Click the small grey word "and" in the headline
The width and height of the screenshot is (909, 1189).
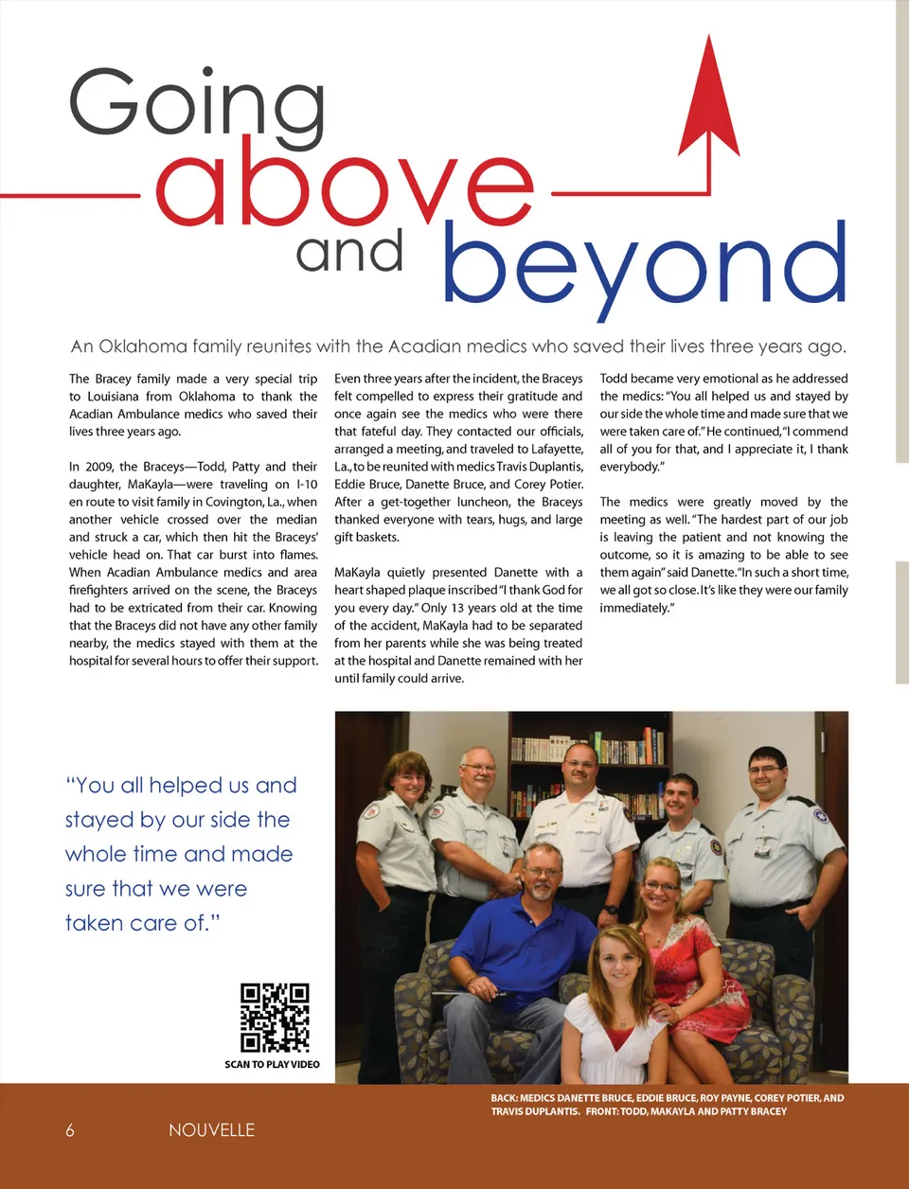[349, 252]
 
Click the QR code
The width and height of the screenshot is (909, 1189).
[275, 1018]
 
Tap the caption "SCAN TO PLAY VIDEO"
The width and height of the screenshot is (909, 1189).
[272, 1065]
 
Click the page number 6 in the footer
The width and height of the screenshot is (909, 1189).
[70, 1130]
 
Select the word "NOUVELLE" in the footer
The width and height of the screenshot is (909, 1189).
[211, 1130]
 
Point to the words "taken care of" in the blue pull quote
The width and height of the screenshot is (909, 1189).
[142, 923]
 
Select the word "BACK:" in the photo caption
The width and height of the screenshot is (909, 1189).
[504, 1098]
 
